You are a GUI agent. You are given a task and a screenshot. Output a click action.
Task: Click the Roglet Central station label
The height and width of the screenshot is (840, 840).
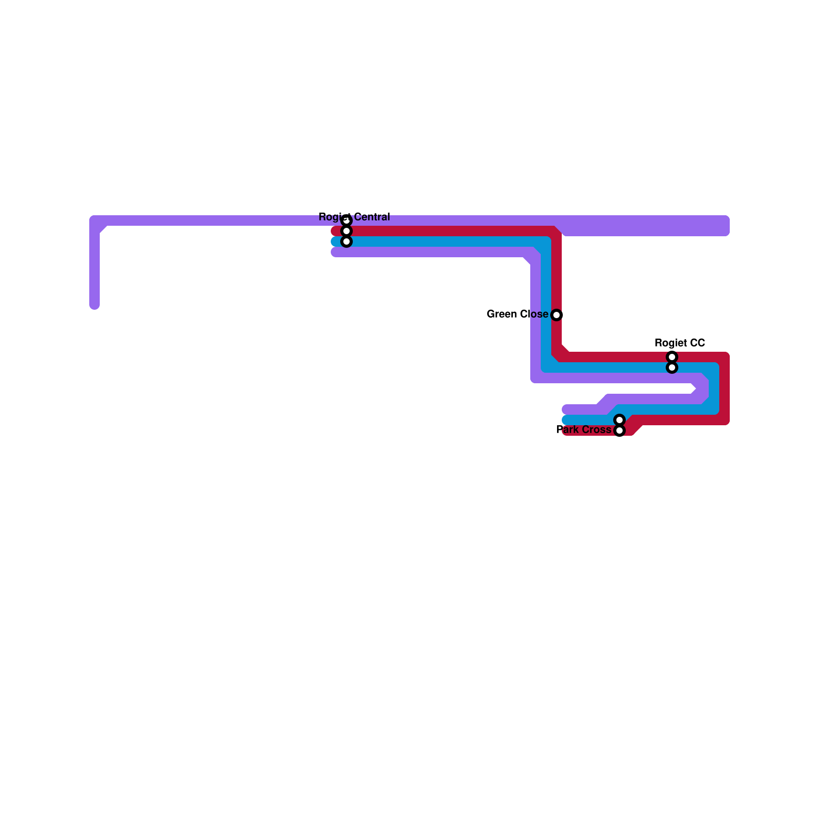click(x=354, y=217)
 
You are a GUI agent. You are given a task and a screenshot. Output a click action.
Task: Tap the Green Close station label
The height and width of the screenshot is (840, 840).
click(x=517, y=314)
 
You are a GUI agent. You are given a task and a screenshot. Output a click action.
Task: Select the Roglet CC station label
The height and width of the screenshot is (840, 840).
click(x=679, y=343)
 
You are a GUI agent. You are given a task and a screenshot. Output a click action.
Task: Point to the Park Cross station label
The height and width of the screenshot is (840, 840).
click(x=584, y=429)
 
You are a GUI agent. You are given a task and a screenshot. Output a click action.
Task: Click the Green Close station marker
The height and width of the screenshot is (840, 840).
click(x=556, y=315)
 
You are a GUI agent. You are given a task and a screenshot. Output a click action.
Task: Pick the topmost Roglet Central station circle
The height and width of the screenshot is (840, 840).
click(x=346, y=220)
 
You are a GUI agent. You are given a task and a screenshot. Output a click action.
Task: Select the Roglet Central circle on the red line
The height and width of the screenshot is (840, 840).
click(x=346, y=231)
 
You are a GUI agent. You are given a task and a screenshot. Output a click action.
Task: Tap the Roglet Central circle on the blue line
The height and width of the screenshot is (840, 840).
click(x=346, y=241)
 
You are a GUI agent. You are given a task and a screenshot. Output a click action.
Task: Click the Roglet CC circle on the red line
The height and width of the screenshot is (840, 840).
click(x=672, y=357)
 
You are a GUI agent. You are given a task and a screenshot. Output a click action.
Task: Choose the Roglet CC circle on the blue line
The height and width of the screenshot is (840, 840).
click(x=672, y=367)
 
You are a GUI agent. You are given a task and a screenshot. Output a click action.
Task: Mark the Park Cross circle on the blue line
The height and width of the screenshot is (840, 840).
click(x=619, y=420)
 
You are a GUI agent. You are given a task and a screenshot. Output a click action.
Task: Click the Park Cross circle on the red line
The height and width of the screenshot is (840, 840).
click(x=619, y=430)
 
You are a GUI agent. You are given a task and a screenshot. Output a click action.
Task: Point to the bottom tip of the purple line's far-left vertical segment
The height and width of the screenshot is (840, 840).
click(x=94, y=306)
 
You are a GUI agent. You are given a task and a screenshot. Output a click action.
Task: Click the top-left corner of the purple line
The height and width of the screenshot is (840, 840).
click(x=95, y=221)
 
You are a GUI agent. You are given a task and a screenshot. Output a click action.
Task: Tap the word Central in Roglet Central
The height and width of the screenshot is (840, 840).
click(x=372, y=217)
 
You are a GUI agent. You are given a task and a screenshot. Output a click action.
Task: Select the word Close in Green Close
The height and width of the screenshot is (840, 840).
click(x=534, y=314)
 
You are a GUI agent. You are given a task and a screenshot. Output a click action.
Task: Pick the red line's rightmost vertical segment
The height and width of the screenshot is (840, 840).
click(x=724, y=388)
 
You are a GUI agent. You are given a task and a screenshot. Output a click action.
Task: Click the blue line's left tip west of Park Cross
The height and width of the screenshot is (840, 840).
click(x=566, y=420)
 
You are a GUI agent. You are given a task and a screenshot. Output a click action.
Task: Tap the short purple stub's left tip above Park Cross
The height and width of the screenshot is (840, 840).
click(x=566, y=409)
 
